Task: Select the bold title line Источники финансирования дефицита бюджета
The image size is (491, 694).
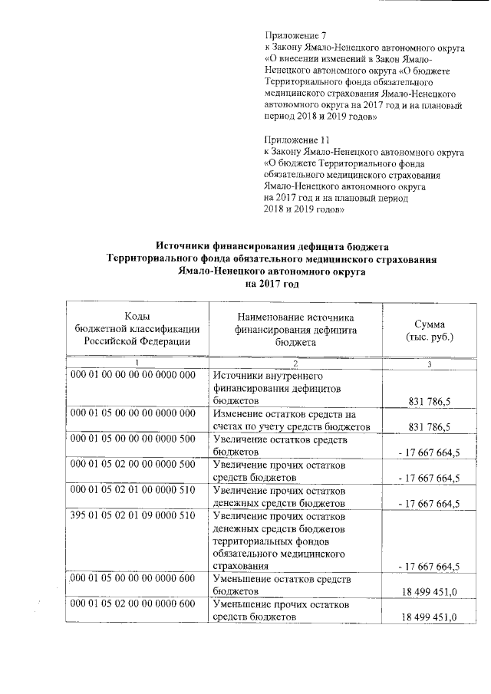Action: click(x=272, y=246)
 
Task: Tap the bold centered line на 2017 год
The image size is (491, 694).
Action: click(x=272, y=284)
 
